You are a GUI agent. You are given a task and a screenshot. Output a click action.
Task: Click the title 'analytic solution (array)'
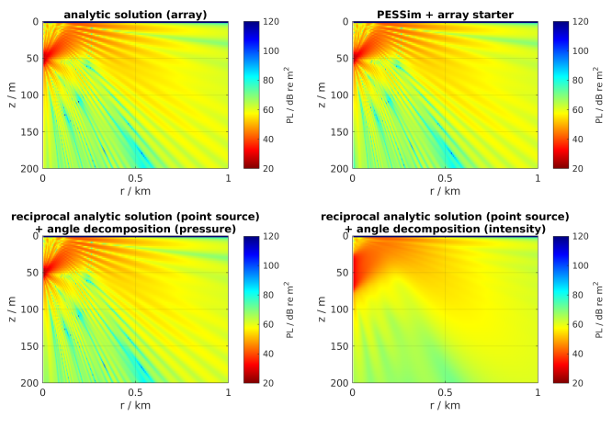click(135, 14)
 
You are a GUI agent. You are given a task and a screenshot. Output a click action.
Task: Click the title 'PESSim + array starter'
click(445, 14)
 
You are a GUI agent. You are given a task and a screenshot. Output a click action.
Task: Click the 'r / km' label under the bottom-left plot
click(135, 405)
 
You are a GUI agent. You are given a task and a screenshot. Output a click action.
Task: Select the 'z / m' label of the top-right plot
click(321, 95)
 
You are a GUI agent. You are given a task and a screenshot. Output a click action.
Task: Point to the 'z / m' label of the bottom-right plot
click(321, 310)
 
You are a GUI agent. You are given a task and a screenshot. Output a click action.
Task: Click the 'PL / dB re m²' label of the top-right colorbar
click(600, 95)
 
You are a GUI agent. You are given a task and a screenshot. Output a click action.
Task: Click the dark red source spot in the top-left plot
click(45, 56)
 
